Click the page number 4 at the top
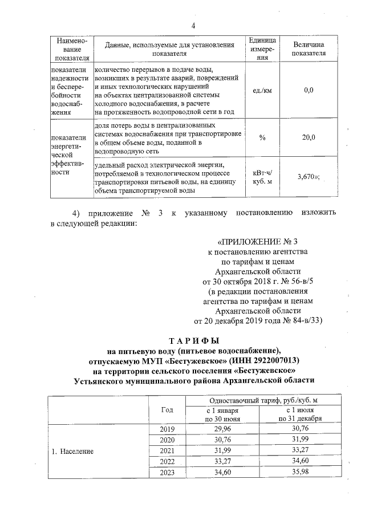pos(193,25)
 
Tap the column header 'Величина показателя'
pos(309,49)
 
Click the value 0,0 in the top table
pos(309,90)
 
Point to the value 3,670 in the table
pos(307,177)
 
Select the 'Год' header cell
pos(167,409)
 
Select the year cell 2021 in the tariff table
pos(167,451)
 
